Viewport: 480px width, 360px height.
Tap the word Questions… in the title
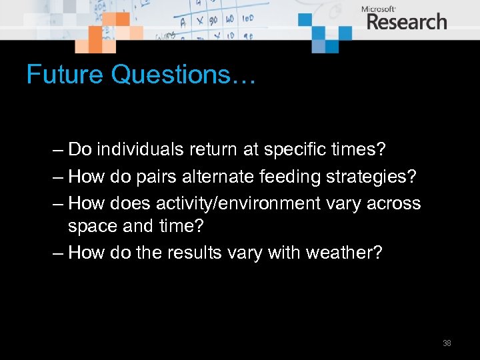click(183, 75)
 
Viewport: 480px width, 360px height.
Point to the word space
click(91, 226)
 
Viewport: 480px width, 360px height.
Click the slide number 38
click(447, 343)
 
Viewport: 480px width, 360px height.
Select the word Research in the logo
click(406, 22)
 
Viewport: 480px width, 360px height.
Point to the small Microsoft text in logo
click(378, 9)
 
